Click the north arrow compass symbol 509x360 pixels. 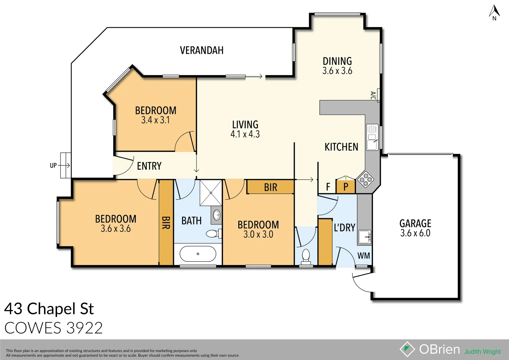click(x=494, y=13)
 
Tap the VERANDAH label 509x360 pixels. click(x=202, y=50)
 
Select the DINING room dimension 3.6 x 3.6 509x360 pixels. click(x=337, y=71)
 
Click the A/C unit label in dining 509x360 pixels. click(x=373, y=95)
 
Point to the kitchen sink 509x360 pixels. click(x=372, y=137)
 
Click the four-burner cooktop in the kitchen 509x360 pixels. click(x=365, y=179)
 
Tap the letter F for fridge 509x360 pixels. click(x=328, y=187)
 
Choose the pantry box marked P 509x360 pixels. click(x=346, y=187)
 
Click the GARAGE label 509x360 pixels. click(x=415, y=223)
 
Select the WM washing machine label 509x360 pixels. click(x=363, y=256)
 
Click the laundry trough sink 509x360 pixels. click(x=364, y=237)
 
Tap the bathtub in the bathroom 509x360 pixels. click(x=198, y=254)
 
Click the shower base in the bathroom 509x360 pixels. click(x=211, y=193)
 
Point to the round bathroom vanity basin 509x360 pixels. click(x=217, y=215)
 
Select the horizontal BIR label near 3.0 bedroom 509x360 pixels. click(x=270, y=187)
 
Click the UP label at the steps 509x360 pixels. click(x=53, y=165)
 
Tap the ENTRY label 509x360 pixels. click(x=149, y=166)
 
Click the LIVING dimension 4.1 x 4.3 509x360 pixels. click(x=245, y=134)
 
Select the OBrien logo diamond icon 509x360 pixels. click(x=407, y=349)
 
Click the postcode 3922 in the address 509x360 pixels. click(x=84, y=328)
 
